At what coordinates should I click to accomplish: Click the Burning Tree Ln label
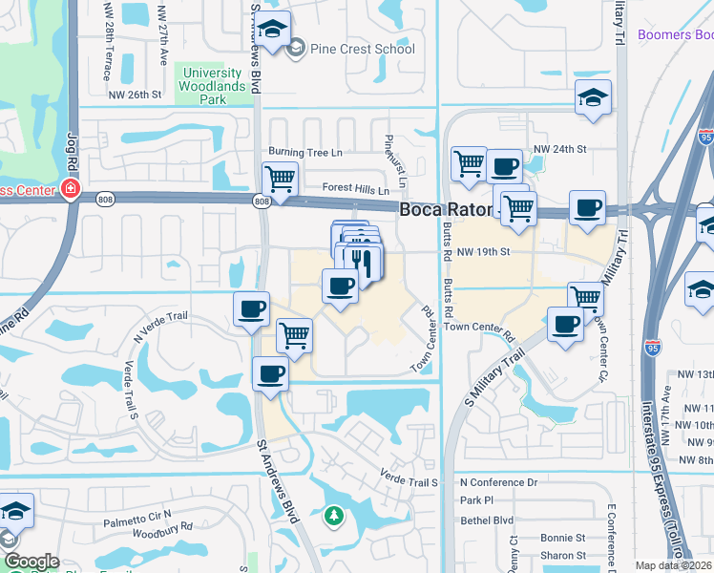point(304,152)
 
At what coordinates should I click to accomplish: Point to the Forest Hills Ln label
point(356,189)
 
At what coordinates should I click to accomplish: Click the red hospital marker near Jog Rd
point(70,188)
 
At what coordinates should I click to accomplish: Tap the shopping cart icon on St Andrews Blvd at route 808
point(280,178)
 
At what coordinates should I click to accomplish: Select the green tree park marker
point(333,517)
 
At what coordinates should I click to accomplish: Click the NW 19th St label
point(485,251)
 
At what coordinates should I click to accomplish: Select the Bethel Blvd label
point(486,520)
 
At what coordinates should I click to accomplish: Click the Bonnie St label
point(561,539)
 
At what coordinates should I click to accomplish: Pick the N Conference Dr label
point(498,483)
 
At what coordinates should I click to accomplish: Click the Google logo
point(31,562)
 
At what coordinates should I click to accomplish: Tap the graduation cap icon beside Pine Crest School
point(274,30)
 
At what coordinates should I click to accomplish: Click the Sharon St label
point(562,555)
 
